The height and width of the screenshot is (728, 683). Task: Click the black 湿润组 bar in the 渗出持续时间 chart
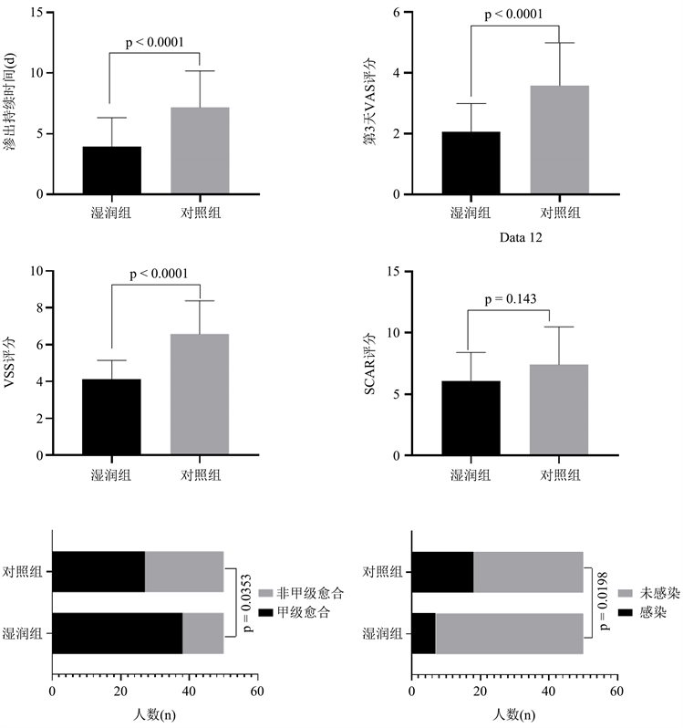click(x=111, y=171)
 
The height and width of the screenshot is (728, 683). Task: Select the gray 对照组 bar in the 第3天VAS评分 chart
click(x=559, y=140)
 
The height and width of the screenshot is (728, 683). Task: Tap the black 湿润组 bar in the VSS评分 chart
click(x=111, y=417)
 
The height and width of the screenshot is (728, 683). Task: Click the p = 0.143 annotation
click(x=509, y=299)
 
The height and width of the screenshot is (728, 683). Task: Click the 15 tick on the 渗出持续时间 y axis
click(x=39, y=13)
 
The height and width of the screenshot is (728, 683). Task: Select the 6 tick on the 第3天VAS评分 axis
click(x=398, y=13)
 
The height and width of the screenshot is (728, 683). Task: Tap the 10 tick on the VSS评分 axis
click(x=37, y=271)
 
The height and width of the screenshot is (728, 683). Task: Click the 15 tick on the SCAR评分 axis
click(x=396, y=271)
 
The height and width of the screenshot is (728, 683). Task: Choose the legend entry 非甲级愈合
click(x=300, y=593)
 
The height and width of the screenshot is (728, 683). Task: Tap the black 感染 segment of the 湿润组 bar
click(x=424, y=634)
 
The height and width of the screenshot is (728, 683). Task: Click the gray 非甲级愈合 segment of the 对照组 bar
click(x=184, y=572)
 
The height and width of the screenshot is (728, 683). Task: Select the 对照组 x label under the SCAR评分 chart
click(x=559, y=474)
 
